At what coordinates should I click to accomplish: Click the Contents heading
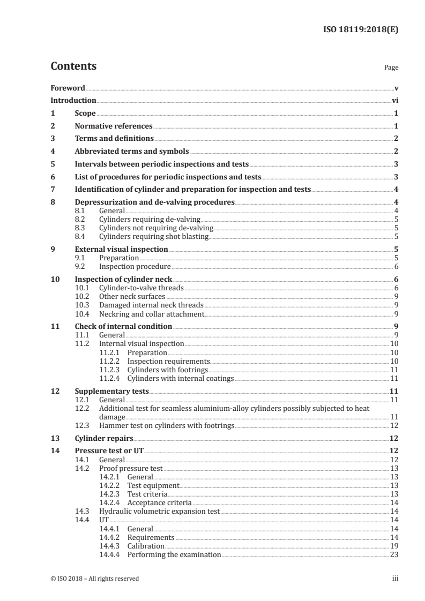[x=73, y=66]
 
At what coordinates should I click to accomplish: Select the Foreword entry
[x=68, y=88]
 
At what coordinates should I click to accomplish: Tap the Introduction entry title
[x=73, y=100]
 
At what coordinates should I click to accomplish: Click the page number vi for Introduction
[x=394, y=100]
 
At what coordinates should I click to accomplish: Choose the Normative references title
[x=113, y=126]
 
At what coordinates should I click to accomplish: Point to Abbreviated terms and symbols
[x=132, y=152]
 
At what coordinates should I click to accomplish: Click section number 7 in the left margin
[x=53, y=189]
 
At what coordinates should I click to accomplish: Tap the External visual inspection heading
[x=121, y=249]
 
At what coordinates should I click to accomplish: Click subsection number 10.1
[x=81, y=288]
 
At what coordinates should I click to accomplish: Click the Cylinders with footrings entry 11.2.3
[x=167, y=370]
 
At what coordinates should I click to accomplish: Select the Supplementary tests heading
[x=111, y=392]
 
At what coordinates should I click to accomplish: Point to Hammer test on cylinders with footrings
[x=167, y=425]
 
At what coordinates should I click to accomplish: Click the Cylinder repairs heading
[x=104, y=438]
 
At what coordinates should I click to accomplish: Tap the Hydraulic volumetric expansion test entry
[x=159, y=512]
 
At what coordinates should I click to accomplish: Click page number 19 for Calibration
[x=394, y=546]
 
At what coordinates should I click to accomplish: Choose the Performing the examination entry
[x=174, y=554]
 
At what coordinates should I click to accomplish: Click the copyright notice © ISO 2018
[x=94, y=579]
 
